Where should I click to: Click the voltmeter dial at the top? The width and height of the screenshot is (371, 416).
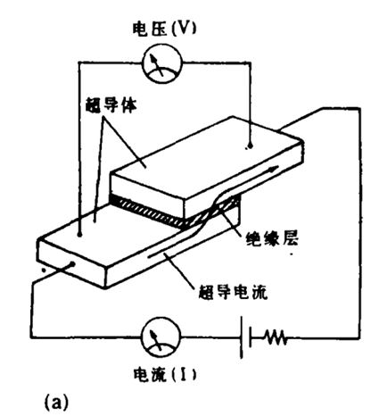pyautogui.click(x=162, y=64)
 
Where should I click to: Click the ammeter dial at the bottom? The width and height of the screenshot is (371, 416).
pyautogui.click(x=161, y=337)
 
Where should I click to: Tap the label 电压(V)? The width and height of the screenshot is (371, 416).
pyautogui.click(x=164, y=29)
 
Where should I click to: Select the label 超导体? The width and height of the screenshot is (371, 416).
pyautogui.click(x=111, y=105)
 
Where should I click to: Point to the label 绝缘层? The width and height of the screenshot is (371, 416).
pyautogui.click(x=272, y=238)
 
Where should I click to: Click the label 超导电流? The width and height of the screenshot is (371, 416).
pyautogui.click(x=233, y=292)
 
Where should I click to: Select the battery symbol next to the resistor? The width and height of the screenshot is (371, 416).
pyautogui.click(x=246, y=337)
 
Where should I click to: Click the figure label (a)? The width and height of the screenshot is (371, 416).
pyautogui.click(x=56, y=402)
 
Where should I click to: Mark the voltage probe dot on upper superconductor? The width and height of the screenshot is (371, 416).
pyautogui.click(x=250, y=146)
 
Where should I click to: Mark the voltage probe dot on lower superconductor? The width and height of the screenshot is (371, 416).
pyautogui.click(x=79, y=235)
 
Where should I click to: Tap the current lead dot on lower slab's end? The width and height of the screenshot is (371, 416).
pyautogui.click(x=71, y=263)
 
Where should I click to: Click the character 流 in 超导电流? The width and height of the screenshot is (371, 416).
pyautogui.click(x=259, y=292)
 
